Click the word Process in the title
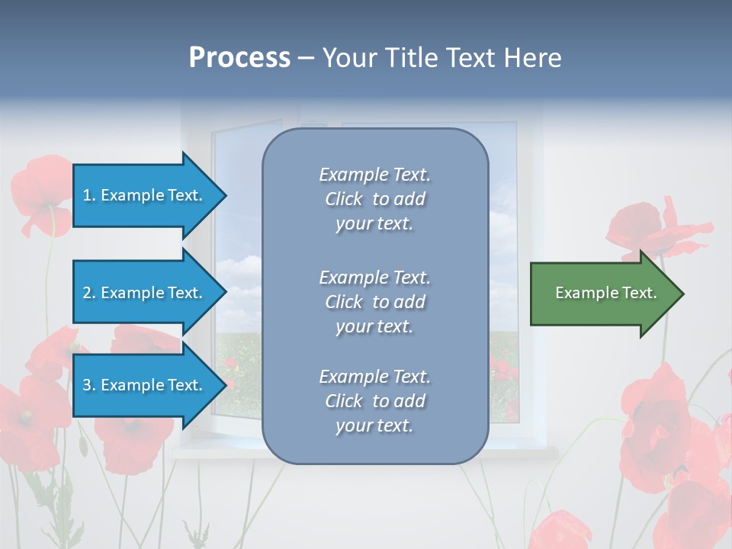click(239, 58)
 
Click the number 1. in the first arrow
click(89, 195)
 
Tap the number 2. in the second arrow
click(89, 293)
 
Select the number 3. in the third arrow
click(89, 385)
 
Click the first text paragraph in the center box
click(374, 199)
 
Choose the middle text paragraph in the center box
click(374, 302)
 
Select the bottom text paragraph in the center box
click(374, 401)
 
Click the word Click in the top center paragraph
click(344, 199)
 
